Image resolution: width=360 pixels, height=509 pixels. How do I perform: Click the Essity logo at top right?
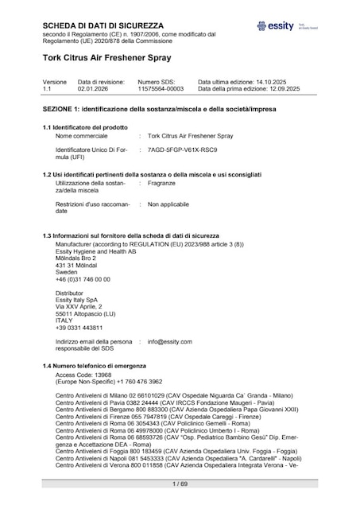click(x=279, y=26)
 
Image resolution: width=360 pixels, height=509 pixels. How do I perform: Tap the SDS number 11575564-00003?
click(x=161, y=89)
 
